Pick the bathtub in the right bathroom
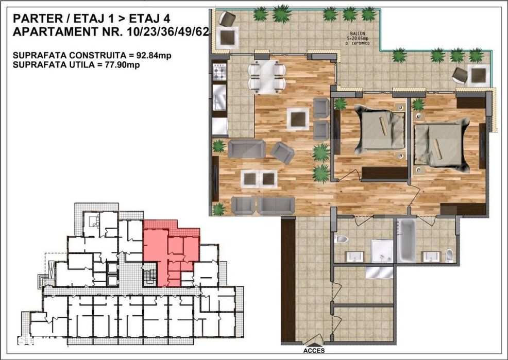(x=407, y=240)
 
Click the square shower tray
(x=382, y=251)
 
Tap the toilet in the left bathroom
(x=341, y=238)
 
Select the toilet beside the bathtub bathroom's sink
(x=449, y=254)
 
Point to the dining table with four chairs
(x=266, y=77)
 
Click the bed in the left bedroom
(x=378, y=130)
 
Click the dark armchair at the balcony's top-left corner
(x=226, y=19)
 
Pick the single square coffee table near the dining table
(x=298, y=119)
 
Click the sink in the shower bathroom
(x=355, y=256)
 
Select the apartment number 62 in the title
(x=201, y=32)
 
